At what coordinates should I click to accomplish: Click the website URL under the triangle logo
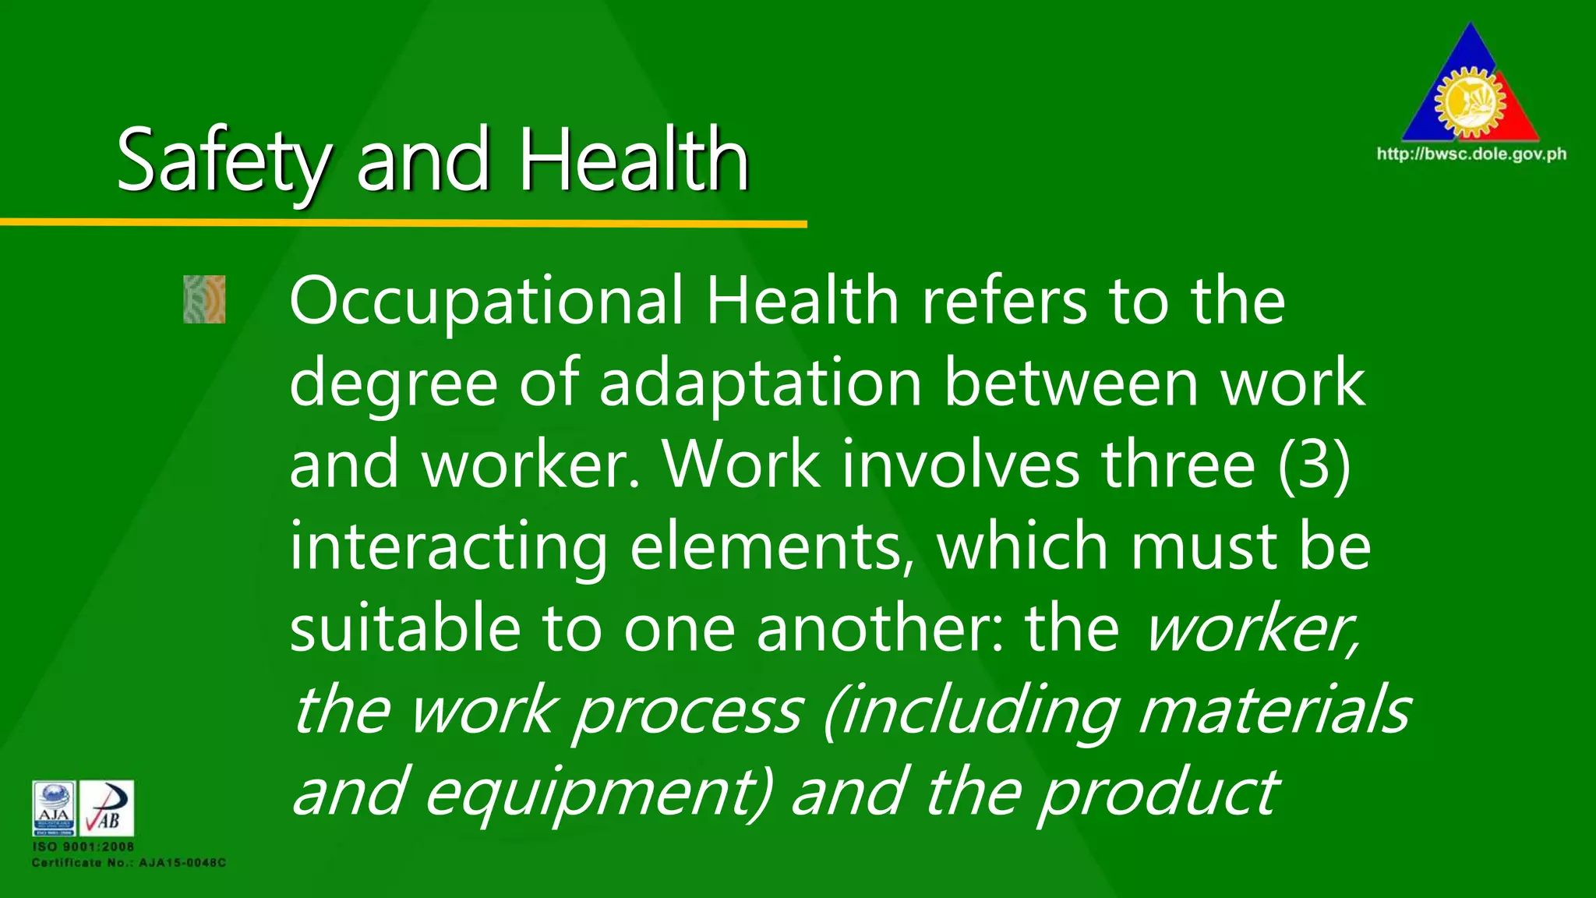point(1471,154)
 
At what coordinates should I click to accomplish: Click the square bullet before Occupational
point(204,299)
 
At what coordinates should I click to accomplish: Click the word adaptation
point(761,384)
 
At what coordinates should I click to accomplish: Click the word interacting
point(448,547)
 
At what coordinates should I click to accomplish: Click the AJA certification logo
point(54,808)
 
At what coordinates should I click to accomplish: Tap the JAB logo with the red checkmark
point(107,808)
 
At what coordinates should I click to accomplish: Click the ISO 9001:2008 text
point(83,847)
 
